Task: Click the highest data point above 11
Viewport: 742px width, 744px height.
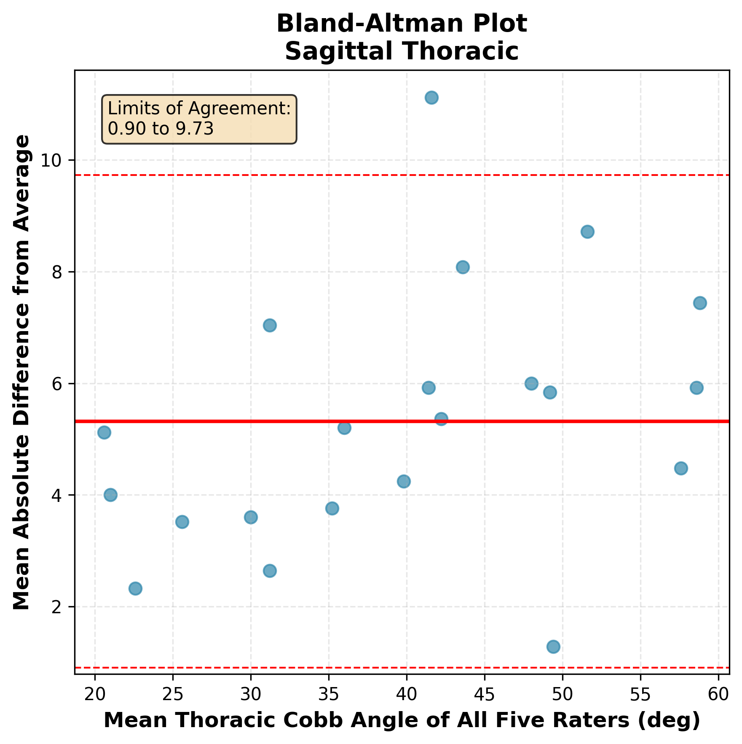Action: coord(431,98)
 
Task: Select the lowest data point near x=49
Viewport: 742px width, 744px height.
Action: coord(553,647)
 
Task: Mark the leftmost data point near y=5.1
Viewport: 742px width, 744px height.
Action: coord(104,433)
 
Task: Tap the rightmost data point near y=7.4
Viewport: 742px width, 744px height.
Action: coord(700,303)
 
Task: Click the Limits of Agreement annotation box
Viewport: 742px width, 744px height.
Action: coord(199,119)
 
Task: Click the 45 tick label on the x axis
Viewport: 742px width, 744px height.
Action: coord(485,693)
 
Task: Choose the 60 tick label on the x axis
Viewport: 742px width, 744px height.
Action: coord(718,693)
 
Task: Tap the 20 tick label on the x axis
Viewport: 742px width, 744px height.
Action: coord(95,693)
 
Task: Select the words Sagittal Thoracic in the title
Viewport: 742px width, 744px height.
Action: coord(402,51)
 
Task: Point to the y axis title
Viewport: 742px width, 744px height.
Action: coord(22,372)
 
